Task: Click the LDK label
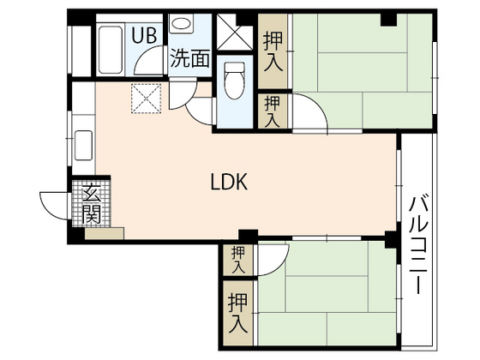(229, 182)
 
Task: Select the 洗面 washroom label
(189, 58)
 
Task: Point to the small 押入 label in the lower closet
(237, 258)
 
